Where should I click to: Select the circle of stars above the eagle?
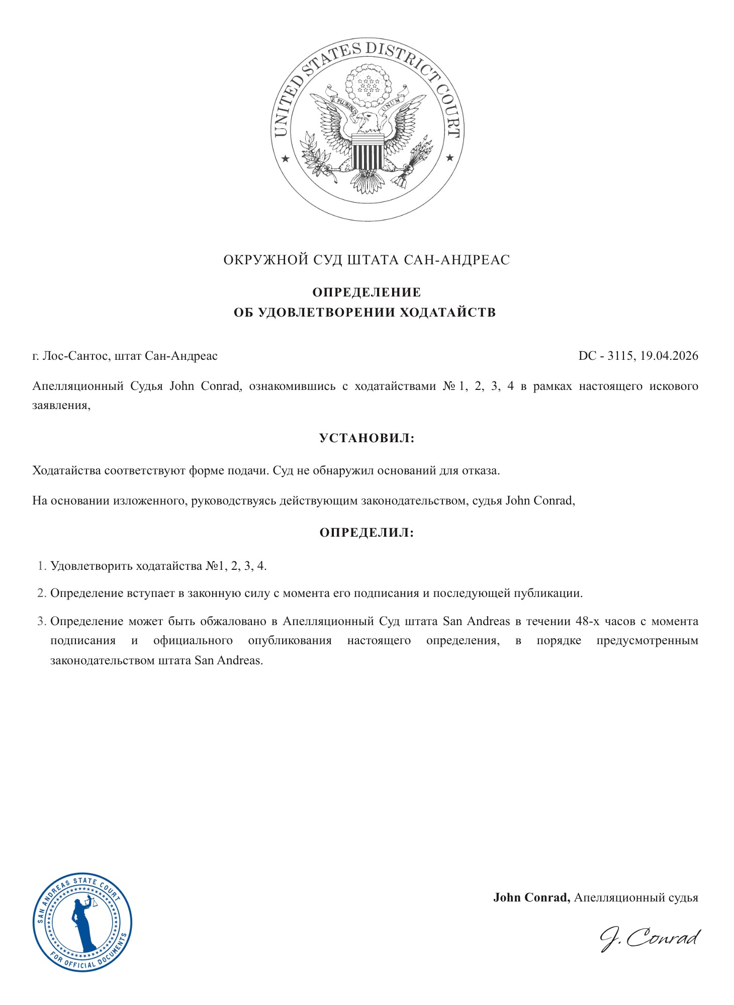point(369,85)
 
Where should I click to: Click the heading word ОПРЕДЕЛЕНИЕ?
point(366,292)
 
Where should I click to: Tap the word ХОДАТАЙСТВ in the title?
point(447,312)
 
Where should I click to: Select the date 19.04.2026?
point(669,356)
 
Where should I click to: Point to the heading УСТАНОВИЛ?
point(366,438)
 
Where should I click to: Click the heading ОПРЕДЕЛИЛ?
point(366,533)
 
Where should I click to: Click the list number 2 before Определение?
point(41,593)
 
